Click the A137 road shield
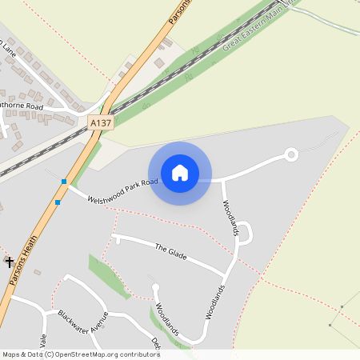click(x=101, y=123)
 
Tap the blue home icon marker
click(x=180, y=173)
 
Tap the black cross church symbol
click(x=10, y=262)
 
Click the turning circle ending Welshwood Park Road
click(x=291, y=154)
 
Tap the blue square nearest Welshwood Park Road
click(x=64, y=182)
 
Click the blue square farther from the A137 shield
click(x=58, y=202)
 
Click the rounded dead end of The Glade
click(x=117, y=238)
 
